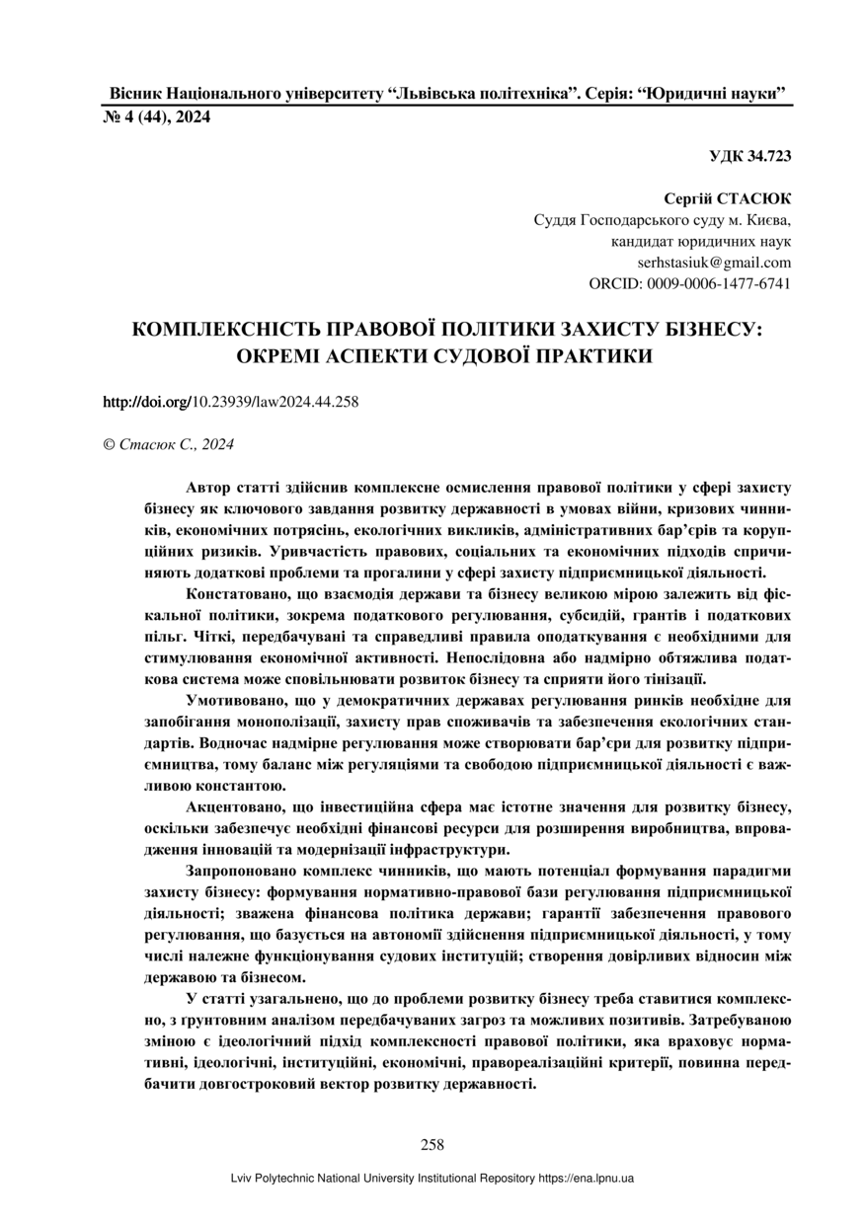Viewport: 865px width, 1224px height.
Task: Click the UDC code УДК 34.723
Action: point(749,156)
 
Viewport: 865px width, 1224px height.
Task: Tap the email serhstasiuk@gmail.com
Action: point(714,263)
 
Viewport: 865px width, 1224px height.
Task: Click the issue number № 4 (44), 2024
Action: point(157,117)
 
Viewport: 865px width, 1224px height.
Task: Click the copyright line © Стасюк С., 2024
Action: point(168,444)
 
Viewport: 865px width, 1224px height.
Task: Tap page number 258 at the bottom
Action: point(432,1145)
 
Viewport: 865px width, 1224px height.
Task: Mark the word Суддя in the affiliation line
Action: point(554,220)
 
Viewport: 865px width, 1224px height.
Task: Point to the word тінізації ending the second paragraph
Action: point(668,678)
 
